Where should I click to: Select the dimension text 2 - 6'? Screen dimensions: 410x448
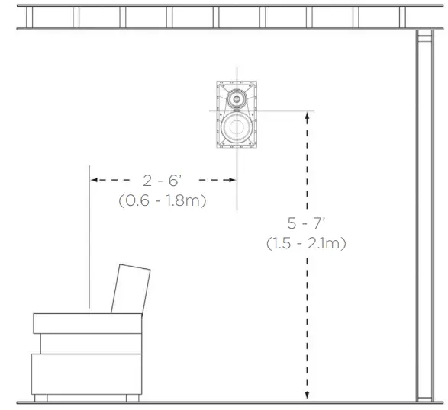[x=163, y=181]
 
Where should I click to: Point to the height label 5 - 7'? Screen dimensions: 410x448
[x=306, y=224]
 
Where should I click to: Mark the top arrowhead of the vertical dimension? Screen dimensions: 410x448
[x=307, y=114]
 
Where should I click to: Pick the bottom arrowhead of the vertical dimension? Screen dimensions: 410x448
[x=307, y=395]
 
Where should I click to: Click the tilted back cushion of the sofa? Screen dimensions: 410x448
[x=130, y=289]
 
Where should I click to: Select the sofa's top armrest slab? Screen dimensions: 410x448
[x=87, y=322]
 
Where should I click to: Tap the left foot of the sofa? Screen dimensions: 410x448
[x=41, y=397]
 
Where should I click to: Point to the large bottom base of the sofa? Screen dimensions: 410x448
[x=86, y=373]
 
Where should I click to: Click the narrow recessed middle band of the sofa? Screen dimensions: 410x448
[x=90, y=342]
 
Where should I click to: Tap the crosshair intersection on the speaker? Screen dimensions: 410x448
[x=237, y=111]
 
